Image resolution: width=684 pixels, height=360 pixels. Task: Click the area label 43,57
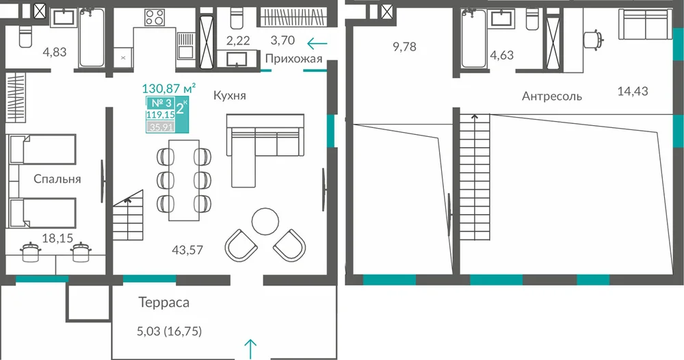pyautogui.click(x=187, y=250)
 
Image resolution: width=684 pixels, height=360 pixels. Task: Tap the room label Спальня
pyautogui.click(x=57, y=179)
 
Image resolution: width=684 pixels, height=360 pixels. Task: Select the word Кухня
pyautogui.click(x=229, y=96)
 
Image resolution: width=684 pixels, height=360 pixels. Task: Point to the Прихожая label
pyautogui.click(x=293, y=59)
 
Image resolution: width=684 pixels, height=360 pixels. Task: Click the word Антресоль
pyautogui.click(x=552, y=96)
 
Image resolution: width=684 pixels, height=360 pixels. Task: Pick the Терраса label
pyautogui.click(x=164, y=303)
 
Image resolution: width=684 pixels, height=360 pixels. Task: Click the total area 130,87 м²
pyautogui.click(x=168, y=88)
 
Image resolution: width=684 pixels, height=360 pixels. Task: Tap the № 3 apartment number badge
pyautogui.click(x=161, y=103)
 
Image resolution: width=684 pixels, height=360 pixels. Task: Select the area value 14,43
pyautogui.click(x=633, y=91)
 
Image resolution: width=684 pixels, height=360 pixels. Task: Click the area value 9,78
pyautogui.click(x=404, y=47)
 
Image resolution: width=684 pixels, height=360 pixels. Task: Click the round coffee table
pyautogui.click(x=265, y=221)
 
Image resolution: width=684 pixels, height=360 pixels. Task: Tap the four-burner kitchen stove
pyautogui.click(x=155, y=18)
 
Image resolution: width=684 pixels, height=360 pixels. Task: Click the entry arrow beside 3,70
pyautogui.click(x=317, y=44)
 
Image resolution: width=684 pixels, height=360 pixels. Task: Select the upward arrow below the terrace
pyautogui.click(x=250, y=349)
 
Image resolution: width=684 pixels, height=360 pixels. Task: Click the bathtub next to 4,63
pyautogui.click(x=473, y=38)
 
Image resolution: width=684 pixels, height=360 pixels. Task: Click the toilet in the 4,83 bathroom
pyautogui.click(x=25, y=36)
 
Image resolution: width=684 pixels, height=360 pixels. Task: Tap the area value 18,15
pyautogui.click(x=57, y=238)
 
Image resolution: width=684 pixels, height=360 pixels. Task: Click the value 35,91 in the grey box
pyautogui.click(x=161, y=127)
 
